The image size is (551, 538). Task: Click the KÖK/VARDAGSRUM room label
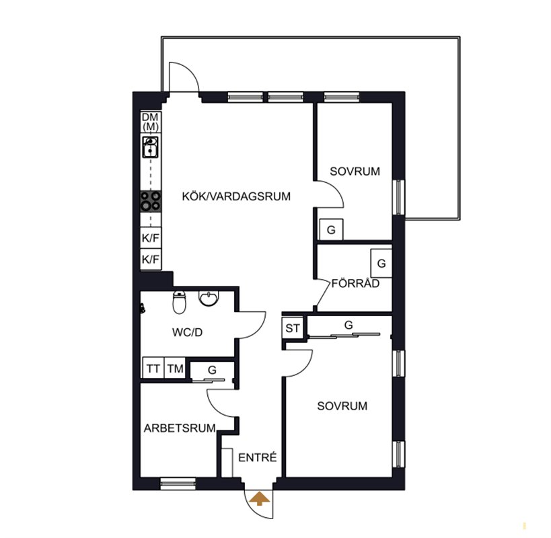tap(236, 196)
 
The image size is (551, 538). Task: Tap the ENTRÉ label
tap(258, 457)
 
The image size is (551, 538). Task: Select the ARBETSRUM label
tap(180, 428)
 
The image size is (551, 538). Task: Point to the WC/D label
tap(187, 332)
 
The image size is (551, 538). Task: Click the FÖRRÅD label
tap(355, 283)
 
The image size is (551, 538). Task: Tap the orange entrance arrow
tap(259, 499)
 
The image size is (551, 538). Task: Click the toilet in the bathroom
tap(179, 302)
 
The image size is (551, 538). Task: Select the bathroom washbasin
tap(209, 299)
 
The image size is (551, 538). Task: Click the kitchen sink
tap(151, 147)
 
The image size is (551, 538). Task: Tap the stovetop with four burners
tap(151, 201)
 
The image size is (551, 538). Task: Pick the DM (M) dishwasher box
tap(151, 122)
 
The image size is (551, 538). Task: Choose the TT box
tap(153, 368)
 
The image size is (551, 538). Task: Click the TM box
tap(175, 368)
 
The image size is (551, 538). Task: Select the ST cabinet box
tap(293, 328)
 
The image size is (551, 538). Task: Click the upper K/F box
tap(151, 238)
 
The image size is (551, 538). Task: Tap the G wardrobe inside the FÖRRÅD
tap(381, 263)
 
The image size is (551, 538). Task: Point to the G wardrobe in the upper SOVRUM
tap(331, 230)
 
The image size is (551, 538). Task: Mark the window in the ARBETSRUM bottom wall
tap(178, 484)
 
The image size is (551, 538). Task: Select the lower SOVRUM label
tap(342, 406)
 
